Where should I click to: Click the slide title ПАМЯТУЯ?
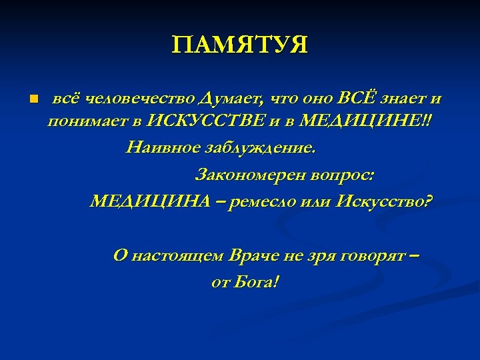pyautogui.click(x=239, y=46)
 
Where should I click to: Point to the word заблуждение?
pyautogui.click(x=257, y=147)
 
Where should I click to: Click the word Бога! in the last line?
pyautogui.click(x=255, y=283)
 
